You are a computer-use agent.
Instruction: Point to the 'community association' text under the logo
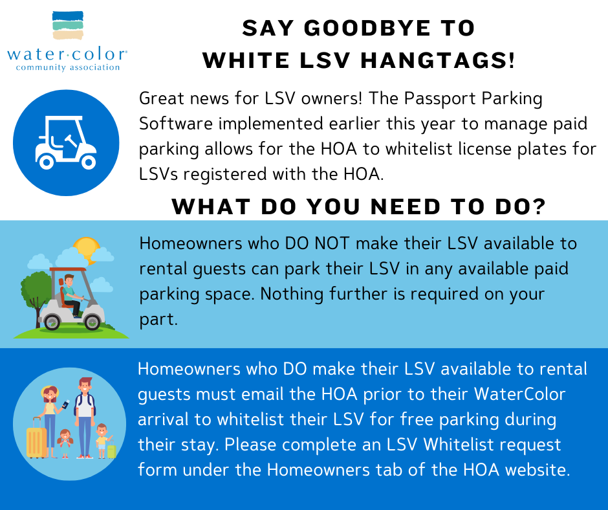[67, 67]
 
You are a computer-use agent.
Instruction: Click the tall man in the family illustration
[84, 414]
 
